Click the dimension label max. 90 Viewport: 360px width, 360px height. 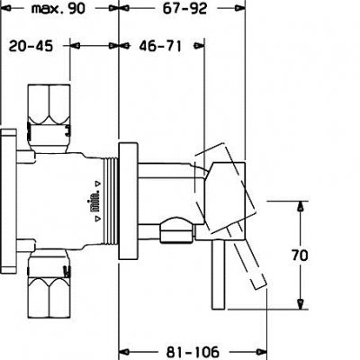point(55,10)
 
